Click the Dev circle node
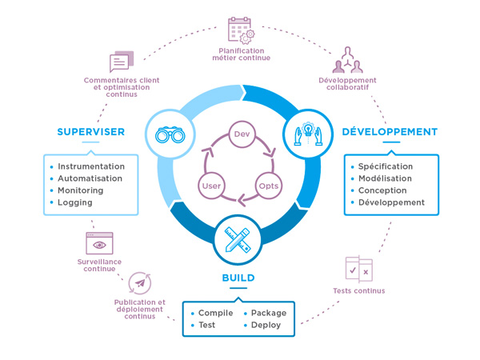click(x=242, y=134)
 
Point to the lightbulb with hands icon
click(x=308, y=133)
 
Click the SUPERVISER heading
click(x=90, y=132)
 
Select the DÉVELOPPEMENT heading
click(x=390, y=132)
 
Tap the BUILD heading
click(x=238, y=278)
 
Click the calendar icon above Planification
click(x=241, y=31)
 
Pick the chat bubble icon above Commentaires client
click(x=121, y=62)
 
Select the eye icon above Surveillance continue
click(x=99, y=244)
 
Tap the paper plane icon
click(x=140, y=283)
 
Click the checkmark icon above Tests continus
click(x=358, y=270)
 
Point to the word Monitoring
click(x=80, y=190)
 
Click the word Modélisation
click(x=385, y=178)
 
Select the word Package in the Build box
click(x=268, y=313)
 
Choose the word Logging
click(x=74, y=202)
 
